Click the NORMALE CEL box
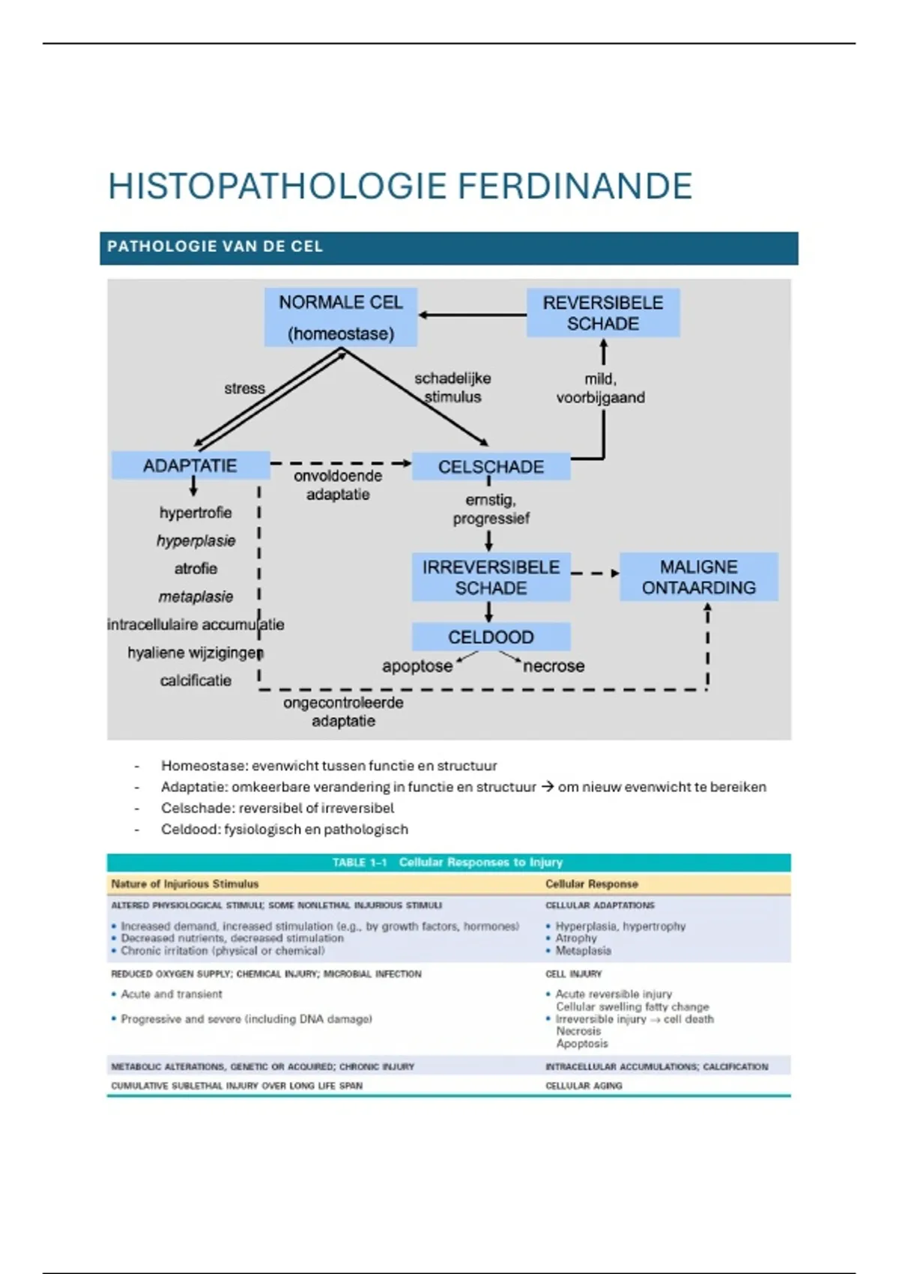pos(341,317)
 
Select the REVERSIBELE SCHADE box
pos(603,313)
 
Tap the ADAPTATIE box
pos(190,465)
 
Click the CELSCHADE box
pos(491,466)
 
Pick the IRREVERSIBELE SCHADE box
pos(491,577)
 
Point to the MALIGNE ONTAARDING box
pos(698,577)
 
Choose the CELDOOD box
pos(491,637)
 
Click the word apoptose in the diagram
pos(417,666)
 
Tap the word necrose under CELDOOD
pos(554,666)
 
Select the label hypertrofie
pos(196,513)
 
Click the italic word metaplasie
pos(196,597)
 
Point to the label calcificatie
pos(196,680)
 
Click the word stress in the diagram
pos(244,388)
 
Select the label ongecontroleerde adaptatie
pos(343,711)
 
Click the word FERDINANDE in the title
pos(575,187)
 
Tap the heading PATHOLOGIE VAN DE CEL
pos(215,247)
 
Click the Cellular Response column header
pos(591,884)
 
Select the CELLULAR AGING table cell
pos(584,1085)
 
